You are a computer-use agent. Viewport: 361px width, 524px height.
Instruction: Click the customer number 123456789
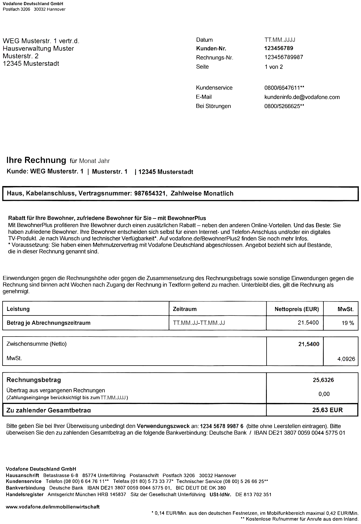coord(279,48)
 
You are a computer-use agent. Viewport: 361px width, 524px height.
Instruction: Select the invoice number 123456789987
coord(284,57)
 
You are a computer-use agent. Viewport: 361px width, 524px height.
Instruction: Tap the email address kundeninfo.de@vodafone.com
coord(302,97)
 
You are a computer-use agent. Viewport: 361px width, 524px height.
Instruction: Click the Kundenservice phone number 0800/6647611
coord(282,88)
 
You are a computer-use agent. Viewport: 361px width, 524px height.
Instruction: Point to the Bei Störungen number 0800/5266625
coord(282,106)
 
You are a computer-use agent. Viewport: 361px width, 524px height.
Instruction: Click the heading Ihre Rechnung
coord(36,160)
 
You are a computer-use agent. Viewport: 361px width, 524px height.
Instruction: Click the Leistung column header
coord(18,309)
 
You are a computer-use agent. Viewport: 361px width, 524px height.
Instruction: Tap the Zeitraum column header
coord(185,309)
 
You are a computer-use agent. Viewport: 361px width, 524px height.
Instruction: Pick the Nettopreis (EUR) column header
coord(297,309)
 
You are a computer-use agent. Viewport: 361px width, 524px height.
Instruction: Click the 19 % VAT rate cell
coord(348,323)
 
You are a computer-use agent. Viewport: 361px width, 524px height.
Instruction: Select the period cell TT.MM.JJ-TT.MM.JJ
coord(199,323)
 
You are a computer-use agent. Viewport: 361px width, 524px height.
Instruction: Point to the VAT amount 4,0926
coord(346,359)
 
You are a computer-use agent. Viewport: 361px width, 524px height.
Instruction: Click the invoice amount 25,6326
coord(323,380)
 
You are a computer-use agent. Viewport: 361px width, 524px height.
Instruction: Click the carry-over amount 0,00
coord(324,394)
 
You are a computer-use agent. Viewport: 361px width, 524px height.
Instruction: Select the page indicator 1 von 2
coord(274,67)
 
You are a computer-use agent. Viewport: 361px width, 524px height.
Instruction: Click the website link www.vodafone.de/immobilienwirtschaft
coord(53,507)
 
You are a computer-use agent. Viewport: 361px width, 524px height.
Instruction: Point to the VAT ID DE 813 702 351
coord(253,494)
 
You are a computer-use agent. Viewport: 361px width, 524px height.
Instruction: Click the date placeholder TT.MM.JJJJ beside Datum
coord(280,40)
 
